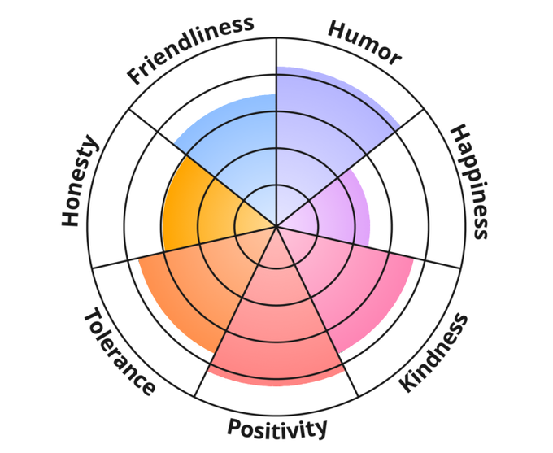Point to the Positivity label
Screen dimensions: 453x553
(277, 428)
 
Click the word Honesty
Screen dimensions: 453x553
(80, 182)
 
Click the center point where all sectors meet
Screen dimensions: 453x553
(276, 225)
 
